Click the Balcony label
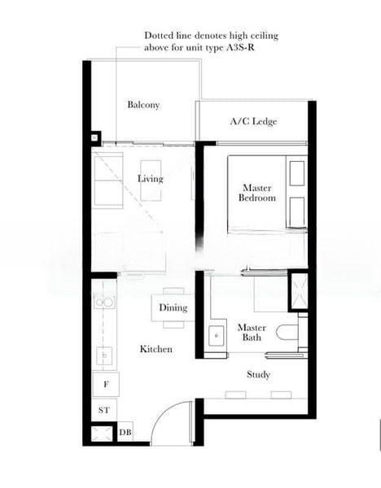pyautogui.click(x=142, y=105)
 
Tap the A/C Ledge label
pyautogui.click(x=253, y=122)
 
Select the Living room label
pyautogui.click(x=150, y=179)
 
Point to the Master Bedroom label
pyautogui.click(x=256, y=193)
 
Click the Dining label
pyautogui.click(x=173, y=308)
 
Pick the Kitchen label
pyautogui.click(x=155, y=349)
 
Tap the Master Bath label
pyautogui.click(x=252, y=333)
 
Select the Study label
pyautogui.click(x=258, y=375)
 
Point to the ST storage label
pyautogui.click(x=104, y=411)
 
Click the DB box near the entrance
pyautogui.click(x=125, y=432)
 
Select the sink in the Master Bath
pyautogui.click(x=216, y=334)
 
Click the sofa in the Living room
pyautogui.click(x=107, y=181)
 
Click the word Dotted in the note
pyautogui.click(x=159, y=36)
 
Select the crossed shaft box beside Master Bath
pyautogui.click(x=298, y=292)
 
